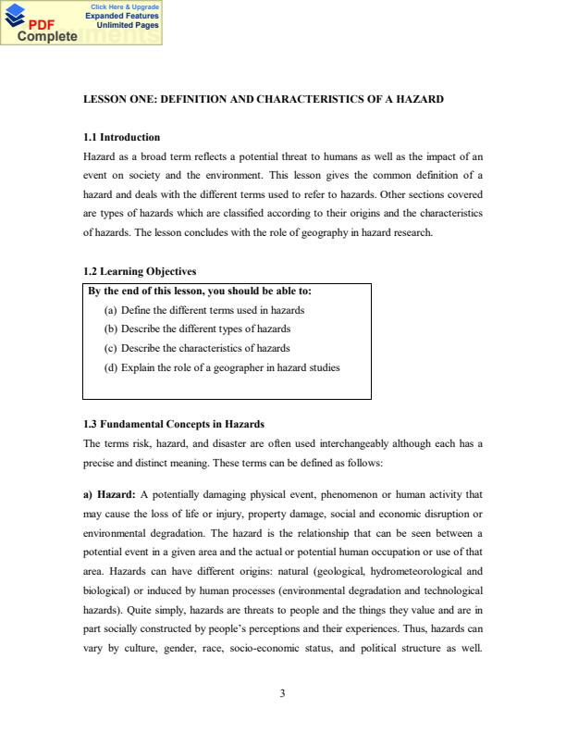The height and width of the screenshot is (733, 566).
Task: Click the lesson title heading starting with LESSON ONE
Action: [x=264, y=98]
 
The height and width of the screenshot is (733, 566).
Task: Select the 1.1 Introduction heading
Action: [x=121, y=137]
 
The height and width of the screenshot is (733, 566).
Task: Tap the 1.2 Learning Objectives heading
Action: [x=140, y=271]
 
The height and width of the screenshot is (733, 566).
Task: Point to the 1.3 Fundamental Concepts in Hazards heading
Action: [x=174, y=424]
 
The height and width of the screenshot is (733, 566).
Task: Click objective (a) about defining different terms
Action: [x=204, y=310]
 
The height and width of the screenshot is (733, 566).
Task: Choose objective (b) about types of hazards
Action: [x=198, y=329]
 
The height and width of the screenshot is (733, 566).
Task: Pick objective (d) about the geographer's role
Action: [x=222, y=367]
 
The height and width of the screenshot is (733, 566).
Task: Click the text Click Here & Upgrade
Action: [x=124, y=7]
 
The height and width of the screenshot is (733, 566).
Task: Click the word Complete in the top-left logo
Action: [x=45, y=37]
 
